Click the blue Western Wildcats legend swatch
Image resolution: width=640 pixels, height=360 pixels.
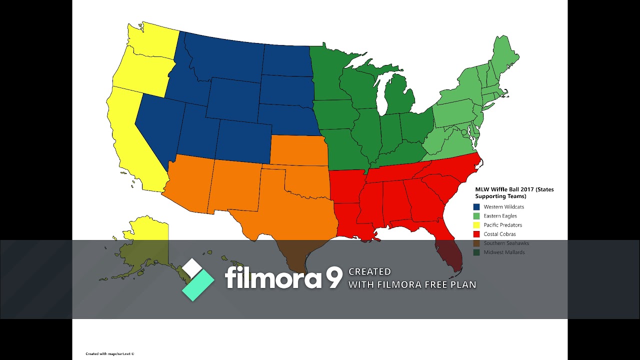(x=476, y=206)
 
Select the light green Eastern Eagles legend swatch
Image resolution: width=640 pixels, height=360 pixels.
(x=476, y=216)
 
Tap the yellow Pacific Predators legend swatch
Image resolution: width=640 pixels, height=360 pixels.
(x=476, y=225)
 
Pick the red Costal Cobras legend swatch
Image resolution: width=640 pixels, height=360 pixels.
(x=476, y=234)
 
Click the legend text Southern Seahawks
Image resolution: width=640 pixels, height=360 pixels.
(x=506, y=243)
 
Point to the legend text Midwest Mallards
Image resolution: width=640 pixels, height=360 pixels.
(x=504, y=252)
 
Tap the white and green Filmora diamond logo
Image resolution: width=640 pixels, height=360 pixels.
(x=197, y=279)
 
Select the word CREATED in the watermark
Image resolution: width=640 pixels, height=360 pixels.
(x=369, y=271)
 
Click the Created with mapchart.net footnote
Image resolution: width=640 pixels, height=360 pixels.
(x=110, y=353)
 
